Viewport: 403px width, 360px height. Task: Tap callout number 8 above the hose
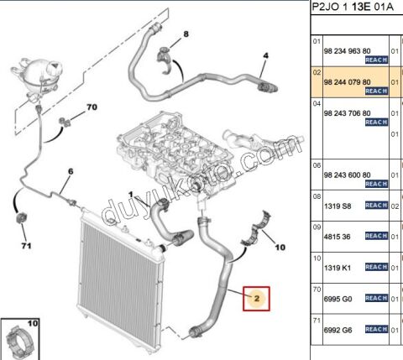point(186,34)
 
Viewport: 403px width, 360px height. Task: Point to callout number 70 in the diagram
point(92,107)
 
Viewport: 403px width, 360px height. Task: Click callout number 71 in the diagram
point(26,245)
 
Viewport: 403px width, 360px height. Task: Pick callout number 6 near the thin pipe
point(71,171)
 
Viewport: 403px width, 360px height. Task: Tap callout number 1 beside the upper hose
point(131,195)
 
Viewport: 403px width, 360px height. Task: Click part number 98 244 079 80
point(347,83)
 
